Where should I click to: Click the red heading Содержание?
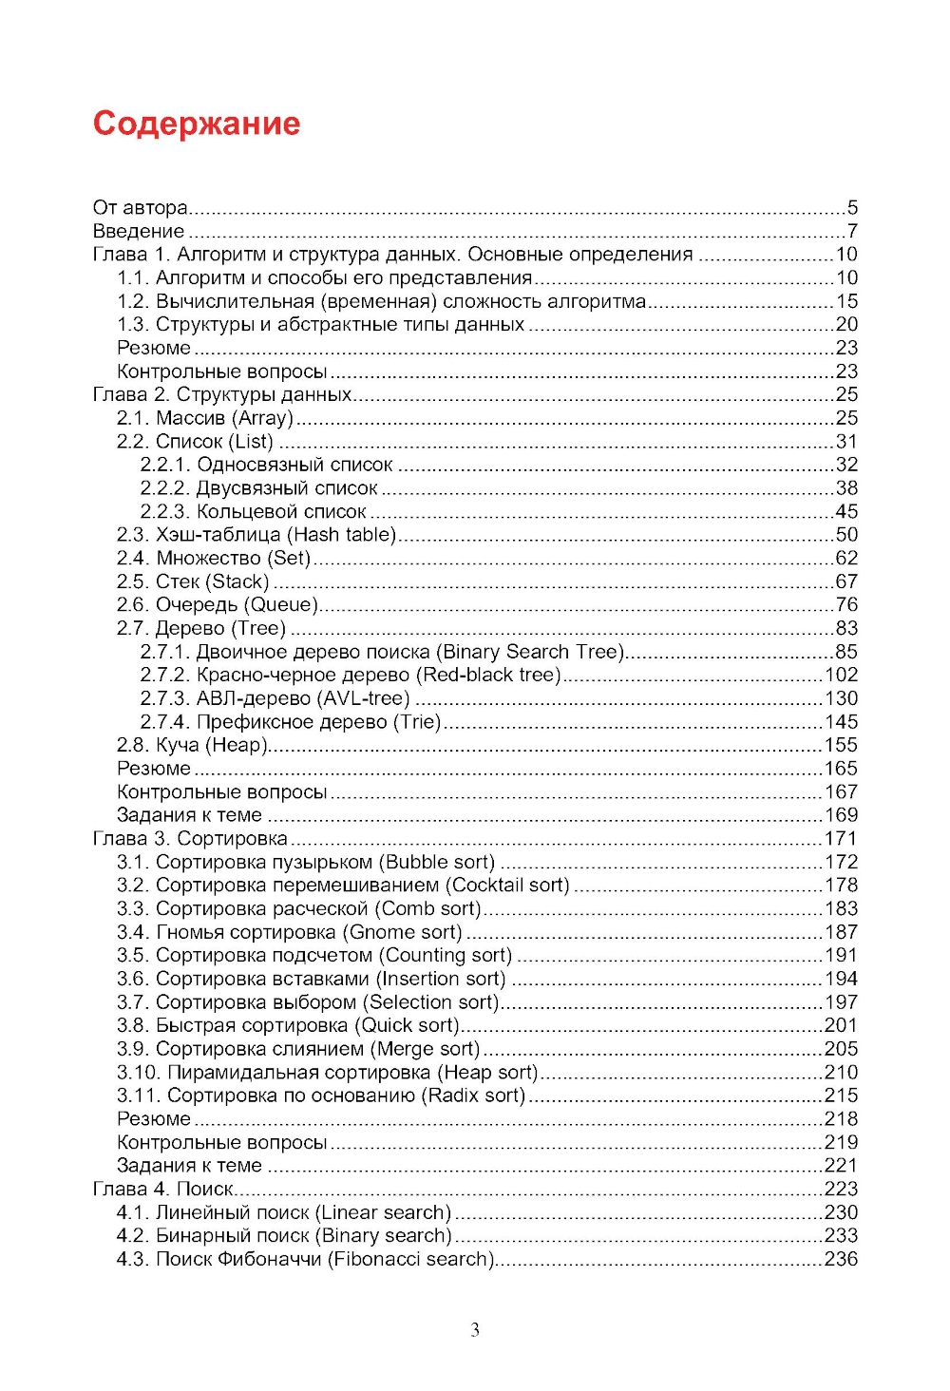(197, 124)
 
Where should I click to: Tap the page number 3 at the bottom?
(475, 1329)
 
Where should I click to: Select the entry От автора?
(140, 207)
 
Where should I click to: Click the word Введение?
(139, 231)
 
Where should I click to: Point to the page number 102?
(841, 675)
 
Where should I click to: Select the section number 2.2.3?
(165, 511)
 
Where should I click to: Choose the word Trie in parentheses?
(418, 722)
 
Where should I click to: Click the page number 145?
(841, 722)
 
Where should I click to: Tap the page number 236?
(841, 1259)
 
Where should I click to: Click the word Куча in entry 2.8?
(178, 745)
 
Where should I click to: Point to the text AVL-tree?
(366, 698)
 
